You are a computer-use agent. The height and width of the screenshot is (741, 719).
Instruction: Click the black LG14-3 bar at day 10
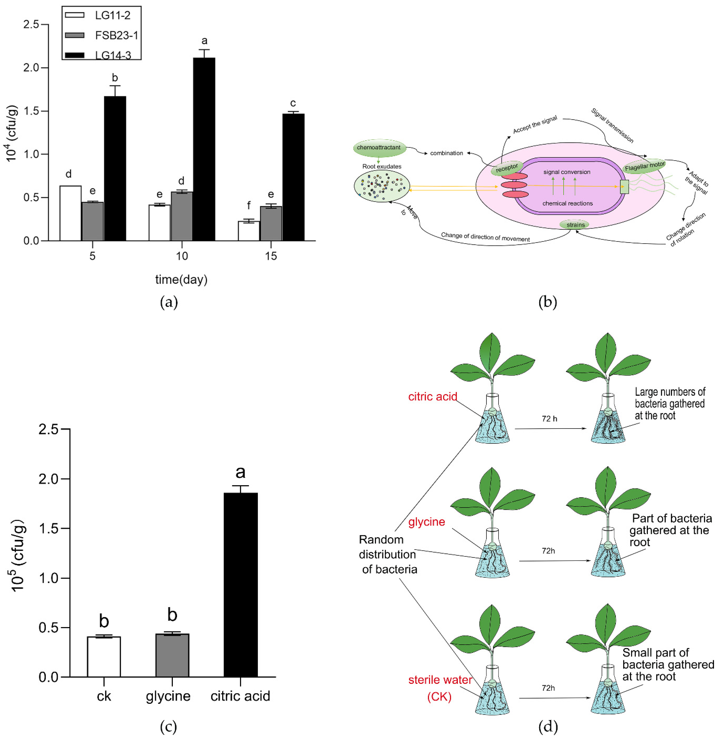[x=204, y=149]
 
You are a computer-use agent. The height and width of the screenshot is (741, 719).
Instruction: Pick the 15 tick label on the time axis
[x=271, y=256]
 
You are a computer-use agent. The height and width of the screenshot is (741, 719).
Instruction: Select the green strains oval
[x=575, y=225]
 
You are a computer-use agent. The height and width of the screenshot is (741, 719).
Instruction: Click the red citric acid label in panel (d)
[x=432, y=397]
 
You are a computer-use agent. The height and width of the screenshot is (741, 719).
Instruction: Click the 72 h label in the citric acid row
[x=549, y=418]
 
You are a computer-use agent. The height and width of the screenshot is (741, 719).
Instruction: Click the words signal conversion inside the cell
[x=567, y=172]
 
